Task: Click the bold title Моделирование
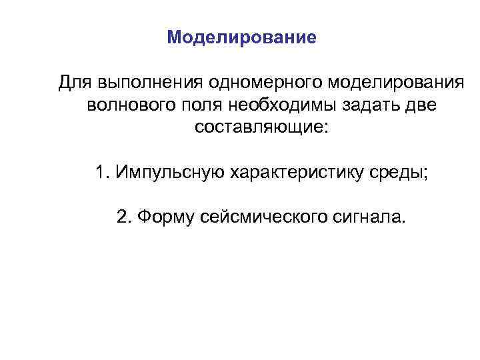pos(242,37)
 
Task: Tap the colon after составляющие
pos(325,129)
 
